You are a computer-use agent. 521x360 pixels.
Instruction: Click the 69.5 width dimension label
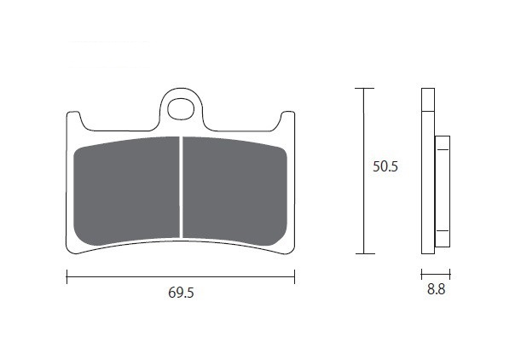click(181, 293)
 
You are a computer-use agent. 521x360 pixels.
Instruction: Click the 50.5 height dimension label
click(385, 166)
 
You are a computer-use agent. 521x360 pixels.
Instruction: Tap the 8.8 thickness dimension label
click(436, 289)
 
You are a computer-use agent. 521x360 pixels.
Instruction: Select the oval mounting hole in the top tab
click(181, 108)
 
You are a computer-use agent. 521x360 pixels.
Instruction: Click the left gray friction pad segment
click(126, 191)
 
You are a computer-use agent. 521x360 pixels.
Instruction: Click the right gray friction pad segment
click(234, 191)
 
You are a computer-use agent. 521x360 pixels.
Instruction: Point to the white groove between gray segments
click(181, 187)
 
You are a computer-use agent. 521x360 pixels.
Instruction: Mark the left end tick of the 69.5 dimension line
click(67, 276)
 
